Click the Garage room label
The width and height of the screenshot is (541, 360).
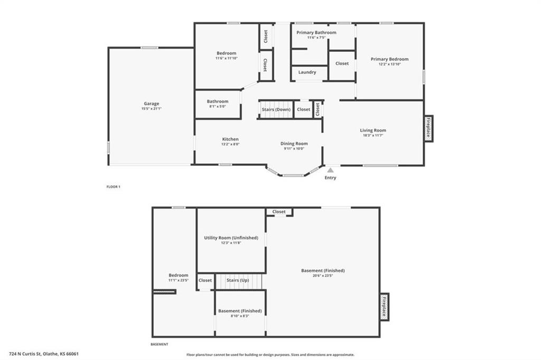[152, 103]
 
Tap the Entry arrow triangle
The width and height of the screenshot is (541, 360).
[331, 170]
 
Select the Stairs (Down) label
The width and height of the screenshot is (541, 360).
[276, 109]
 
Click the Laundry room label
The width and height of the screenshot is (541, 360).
[307, 72]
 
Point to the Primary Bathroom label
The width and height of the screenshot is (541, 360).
[316, 32]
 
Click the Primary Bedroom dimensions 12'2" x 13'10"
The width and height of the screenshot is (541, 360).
[389, 64]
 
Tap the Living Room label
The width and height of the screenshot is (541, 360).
[373, 130]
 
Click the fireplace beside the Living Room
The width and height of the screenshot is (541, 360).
[428, 128]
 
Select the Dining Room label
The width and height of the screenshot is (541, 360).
[294, 144]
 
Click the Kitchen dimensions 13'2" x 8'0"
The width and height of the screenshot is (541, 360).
[230, 144]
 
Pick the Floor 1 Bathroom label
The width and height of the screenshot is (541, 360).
[217, 101]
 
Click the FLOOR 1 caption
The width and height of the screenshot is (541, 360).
[113, 186]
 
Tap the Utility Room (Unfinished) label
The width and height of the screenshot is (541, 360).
[231, 238]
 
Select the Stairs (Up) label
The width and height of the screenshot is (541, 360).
[238, 280]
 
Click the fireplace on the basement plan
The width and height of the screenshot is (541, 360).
[385, 307]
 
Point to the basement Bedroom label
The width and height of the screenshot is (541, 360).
[179, 275]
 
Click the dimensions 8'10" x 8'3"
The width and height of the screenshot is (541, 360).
[240, 316]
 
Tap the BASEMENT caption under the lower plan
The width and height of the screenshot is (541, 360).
[160, 344]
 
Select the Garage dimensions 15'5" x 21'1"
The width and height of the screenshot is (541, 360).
[152, 109]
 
